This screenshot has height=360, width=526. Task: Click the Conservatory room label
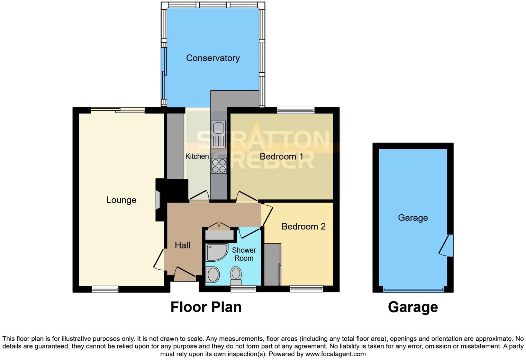213,58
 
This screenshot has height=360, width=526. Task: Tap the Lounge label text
121,200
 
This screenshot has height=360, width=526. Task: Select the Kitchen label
197,156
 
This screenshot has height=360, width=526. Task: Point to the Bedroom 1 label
281,156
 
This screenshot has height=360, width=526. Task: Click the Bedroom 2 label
303,226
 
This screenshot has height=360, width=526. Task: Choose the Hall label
182,245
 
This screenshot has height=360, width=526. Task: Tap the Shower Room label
244,254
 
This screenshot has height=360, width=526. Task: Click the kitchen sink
218,134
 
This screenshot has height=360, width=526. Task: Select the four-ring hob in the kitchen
219,166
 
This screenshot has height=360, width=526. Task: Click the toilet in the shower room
236,273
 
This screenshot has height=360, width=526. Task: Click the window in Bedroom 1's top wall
296,110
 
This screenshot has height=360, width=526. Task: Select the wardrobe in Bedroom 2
272,264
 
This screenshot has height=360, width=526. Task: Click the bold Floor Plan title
206,307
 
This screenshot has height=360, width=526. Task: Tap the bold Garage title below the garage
413,307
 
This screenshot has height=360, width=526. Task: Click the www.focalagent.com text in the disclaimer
335,354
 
